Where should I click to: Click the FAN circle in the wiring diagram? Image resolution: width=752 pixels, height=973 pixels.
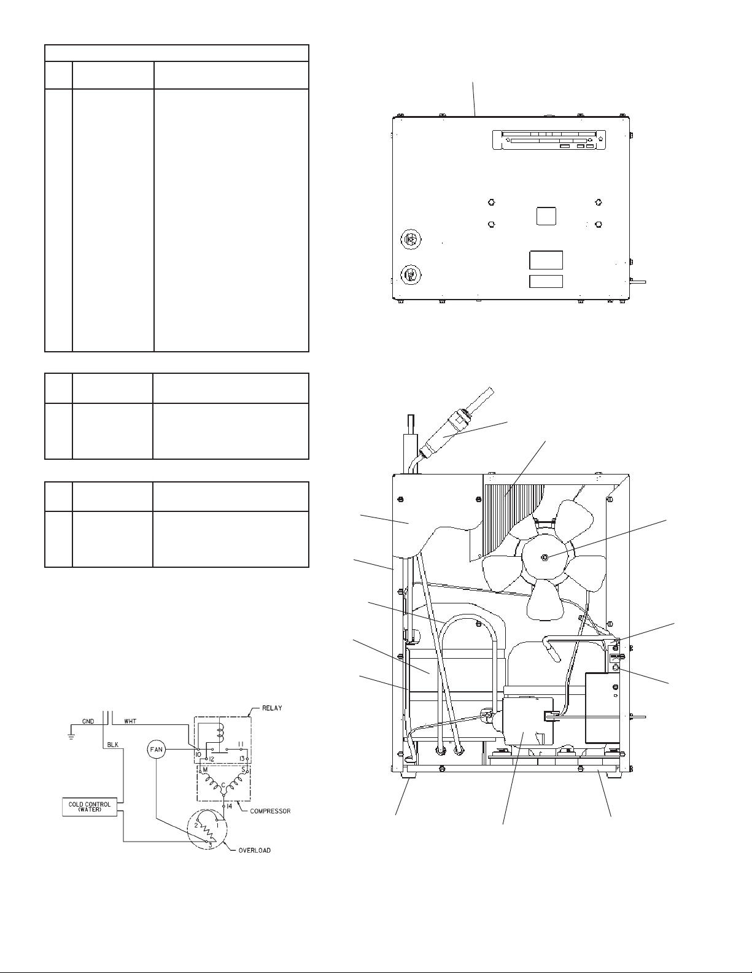point(156,750)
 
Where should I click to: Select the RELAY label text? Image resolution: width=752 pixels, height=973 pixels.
point(272,708)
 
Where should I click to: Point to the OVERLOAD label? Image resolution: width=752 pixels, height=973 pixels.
point(254,850)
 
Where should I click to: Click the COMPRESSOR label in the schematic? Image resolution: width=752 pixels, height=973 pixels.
point(270,811)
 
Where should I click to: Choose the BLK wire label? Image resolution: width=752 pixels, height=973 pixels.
point(113,745)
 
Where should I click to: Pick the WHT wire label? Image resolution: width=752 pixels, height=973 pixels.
point(130,721)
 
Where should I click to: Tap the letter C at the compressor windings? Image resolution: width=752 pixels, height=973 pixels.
point(223,785)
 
